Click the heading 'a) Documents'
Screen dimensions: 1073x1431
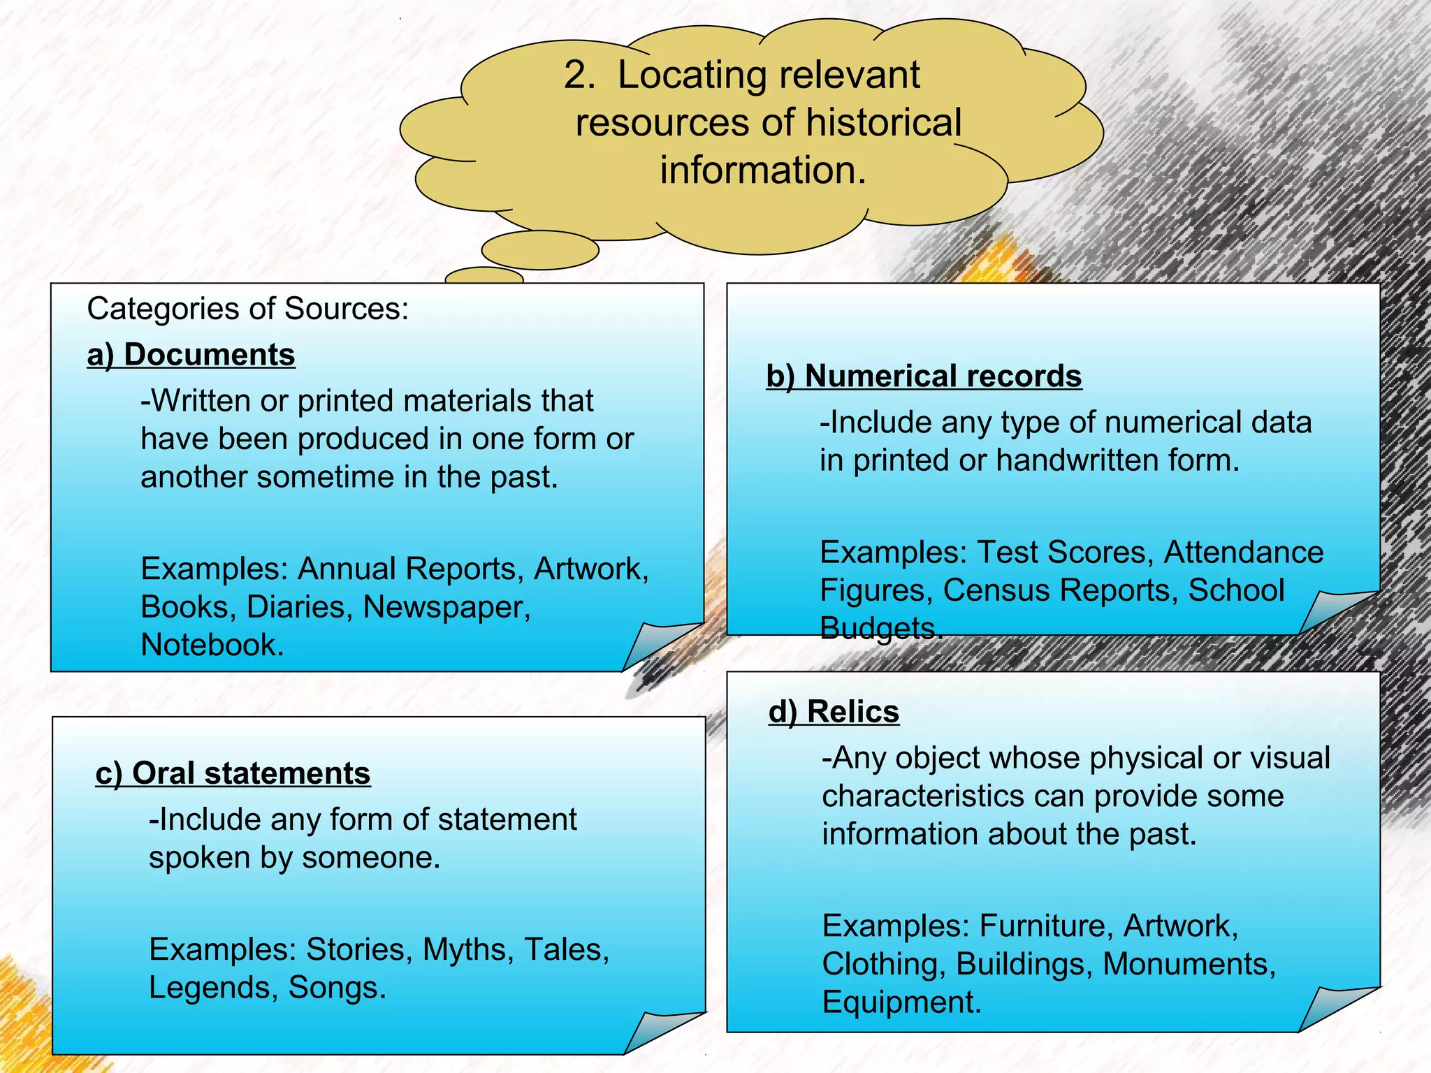pos(191,355)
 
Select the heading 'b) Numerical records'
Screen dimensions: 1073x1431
pos(923,377)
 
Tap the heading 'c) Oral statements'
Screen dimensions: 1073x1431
pos(233,773)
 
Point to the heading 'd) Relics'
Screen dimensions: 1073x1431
pos(834,712)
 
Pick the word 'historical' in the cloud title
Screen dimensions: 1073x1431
pos(883,123)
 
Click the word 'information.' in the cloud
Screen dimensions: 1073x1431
pos(763,170)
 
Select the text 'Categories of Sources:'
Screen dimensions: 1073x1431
pos(247,309)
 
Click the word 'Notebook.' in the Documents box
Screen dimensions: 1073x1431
pos(212,645)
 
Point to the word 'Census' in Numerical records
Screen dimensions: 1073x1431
pos(986,590)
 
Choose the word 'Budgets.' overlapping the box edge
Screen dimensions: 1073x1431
pos(880,628)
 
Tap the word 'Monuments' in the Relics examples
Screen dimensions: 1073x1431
pos(1188,964)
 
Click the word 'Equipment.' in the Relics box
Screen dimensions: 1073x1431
pos(901,1002)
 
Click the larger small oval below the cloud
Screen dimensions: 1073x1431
pos(540,250)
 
